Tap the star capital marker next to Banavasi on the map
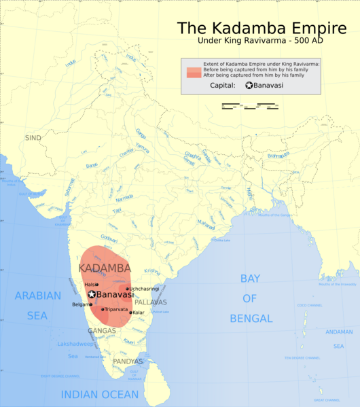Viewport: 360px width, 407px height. (x=92, y=294)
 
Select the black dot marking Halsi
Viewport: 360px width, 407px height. (x=98, y=285)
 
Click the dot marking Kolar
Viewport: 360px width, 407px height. (x=130, y=313)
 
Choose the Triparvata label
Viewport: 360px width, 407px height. (x=117, y=309)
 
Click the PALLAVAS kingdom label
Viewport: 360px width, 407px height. (x=150, y=301)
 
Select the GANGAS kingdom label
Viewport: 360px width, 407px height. (x=101, y=331)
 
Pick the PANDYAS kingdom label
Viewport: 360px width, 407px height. (x=128, y=361)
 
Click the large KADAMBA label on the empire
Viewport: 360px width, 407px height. (x=105, y=268)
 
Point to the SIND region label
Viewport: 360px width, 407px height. (x=33, y=137)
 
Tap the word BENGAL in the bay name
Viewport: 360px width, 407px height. (x=251, y=318)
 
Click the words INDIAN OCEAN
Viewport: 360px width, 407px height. (x=100, y=394)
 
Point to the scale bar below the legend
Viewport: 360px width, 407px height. (x=251, y=107)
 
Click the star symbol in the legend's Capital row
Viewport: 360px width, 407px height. (x=249, y=85)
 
